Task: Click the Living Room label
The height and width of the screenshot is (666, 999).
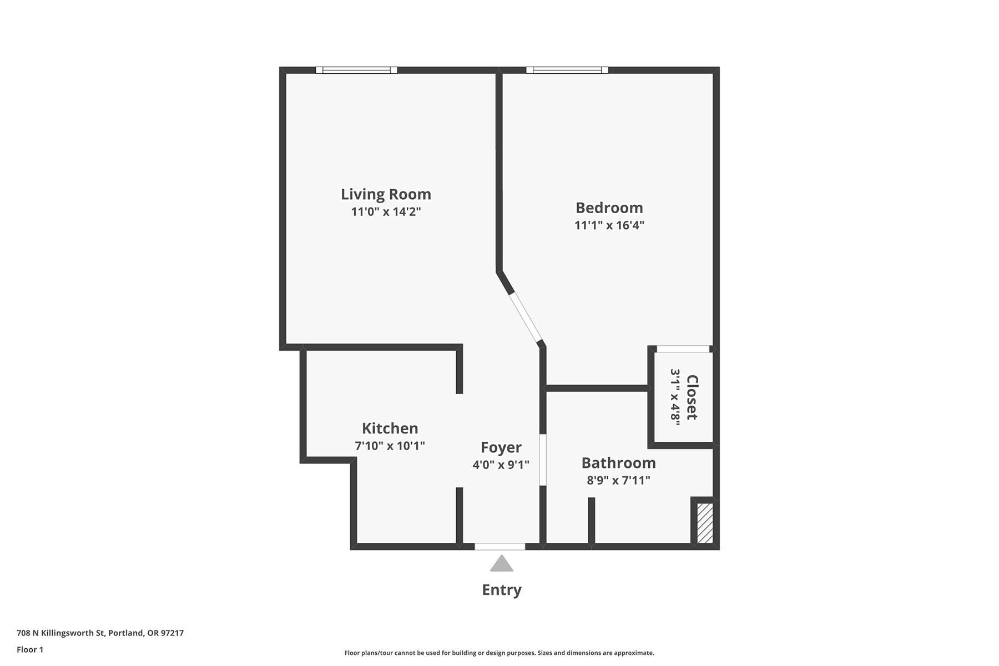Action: pyautogui.click(x=386, y=194)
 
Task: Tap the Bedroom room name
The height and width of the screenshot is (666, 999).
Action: pyautogui.click(x=609, y=208)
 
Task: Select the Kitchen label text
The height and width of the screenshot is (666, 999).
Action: pyautogui.click(x=390, y=428)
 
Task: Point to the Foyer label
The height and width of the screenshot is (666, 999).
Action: pyautogui.click(x=501, y=447)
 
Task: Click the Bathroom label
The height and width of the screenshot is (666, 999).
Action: pyautogui.click(x=618, y=463)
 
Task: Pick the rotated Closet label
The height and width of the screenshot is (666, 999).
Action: pyautogui.click(x=692, y=397)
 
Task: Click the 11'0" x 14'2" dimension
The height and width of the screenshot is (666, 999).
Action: pyautogui.click(x=386, y=211)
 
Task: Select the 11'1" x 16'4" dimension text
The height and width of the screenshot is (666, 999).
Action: pyautogui.click(x=609, y=225)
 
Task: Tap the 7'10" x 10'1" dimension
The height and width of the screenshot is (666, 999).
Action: pyautogui.click(x=390, y=445)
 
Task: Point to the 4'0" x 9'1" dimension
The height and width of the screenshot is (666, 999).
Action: pyautogui.click(x=501, y=465)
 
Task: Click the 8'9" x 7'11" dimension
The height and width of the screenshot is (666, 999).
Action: pyautogui.click(x=618, y=480)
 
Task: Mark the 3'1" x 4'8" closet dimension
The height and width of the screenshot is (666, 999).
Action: pyautogui.click(x=675, y=397)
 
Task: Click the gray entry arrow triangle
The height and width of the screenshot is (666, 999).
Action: pyautogui.click(x=501, y=563)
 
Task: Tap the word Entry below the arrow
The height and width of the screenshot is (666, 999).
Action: pyautogui.click(x=501, y=589)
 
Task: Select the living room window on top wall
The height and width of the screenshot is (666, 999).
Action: pyautogui.click(x=356, y=70)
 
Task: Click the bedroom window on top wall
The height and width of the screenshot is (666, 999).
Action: pyautogui.click(x=567, y=70)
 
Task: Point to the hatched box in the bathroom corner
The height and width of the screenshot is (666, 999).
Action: pyautogui.click(x=705, y=523)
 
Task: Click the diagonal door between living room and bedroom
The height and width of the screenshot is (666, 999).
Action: pyautogui.click(x=526, y=317)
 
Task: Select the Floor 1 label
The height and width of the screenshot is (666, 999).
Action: pyautogui.click(x=30, y=649)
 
